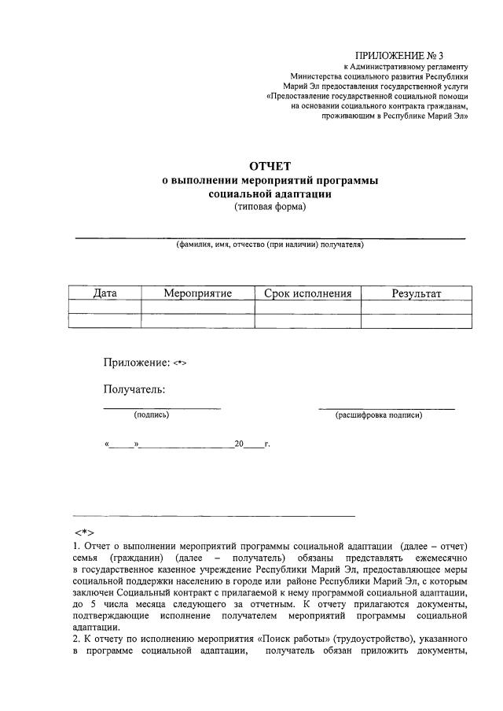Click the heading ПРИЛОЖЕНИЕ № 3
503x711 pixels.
[399, 55]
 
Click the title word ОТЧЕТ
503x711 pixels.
[270, 166]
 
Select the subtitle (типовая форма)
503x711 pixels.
[270, 208]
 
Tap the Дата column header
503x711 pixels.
[105, 293]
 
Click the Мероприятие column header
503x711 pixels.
[197, 293]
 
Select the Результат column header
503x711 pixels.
[417, 293]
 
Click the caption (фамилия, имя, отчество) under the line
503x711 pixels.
[270, 245]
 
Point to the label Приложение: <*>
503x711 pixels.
[145, 363]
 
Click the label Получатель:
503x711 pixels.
[134, 389]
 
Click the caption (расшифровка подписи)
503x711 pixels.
[378, 414]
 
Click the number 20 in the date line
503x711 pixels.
[239, 444]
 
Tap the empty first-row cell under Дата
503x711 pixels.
[105, 307]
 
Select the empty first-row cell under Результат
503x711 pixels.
[417, 307]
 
